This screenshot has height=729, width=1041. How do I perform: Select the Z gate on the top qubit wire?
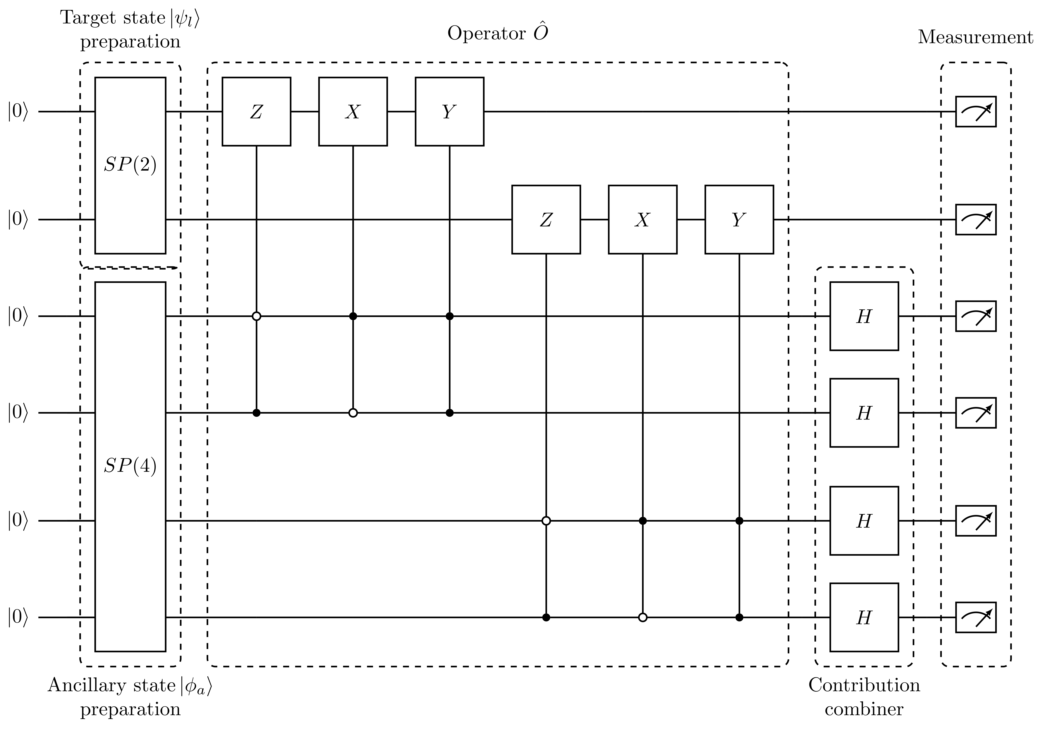tap(256, 112)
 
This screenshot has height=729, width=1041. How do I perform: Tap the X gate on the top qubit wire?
tap(353, 112)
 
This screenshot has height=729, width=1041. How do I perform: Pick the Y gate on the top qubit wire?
tap(449, 112)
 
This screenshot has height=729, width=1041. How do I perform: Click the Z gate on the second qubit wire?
tap(546, 220)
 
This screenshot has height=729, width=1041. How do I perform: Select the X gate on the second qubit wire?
tap(642, 220)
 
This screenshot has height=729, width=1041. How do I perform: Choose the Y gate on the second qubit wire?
tap(739, 220)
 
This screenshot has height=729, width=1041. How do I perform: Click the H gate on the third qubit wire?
tap(864, 316)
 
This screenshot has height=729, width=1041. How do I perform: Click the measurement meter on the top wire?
tap(976, 112)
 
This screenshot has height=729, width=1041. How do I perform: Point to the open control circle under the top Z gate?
tap(256, 316)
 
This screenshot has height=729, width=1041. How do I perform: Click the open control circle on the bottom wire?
tap(642, 617)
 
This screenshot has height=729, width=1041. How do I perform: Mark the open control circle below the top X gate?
tap(353, 413)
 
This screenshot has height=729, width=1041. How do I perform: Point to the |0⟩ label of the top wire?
tap(18, 112)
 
